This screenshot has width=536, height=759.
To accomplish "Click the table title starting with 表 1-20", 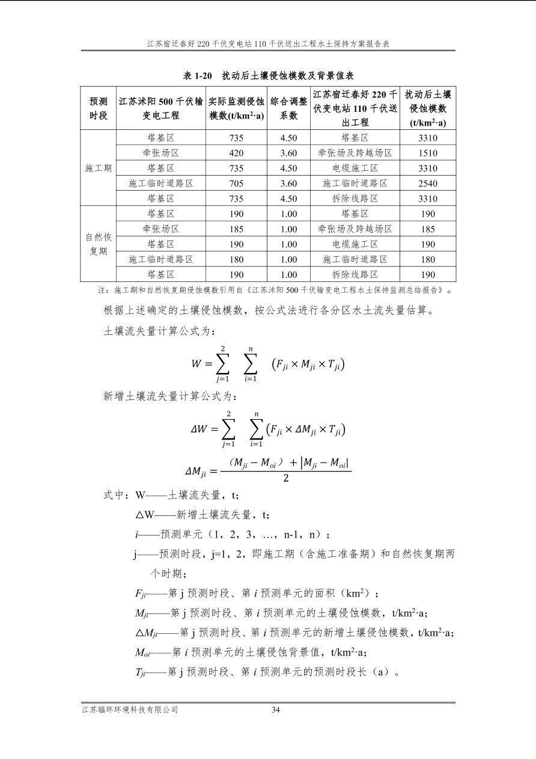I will pyautogui.click(x=268, y=75).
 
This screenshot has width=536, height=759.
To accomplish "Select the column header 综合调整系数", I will pyautogui.click(x=288, y=108).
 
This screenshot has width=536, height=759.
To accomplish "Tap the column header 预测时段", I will pyautogui.click(x=98, y=108).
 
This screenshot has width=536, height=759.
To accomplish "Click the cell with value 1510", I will pyautogui.click(x=428, y=153).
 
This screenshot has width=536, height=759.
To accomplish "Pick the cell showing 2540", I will pyautogui.click(x=428, y=183).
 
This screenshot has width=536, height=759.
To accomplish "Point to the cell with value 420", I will pyautogui.click(x=236, y=153).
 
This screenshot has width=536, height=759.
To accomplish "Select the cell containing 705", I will pyautogui.click(x=236, y=183).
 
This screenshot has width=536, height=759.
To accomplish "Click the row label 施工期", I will pyautogui.click(x=98, y=168).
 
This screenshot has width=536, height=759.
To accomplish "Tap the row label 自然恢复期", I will pyautogui.click(x=98, y=244).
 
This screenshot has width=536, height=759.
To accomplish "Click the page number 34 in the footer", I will pyautogui.click(x=276, y=710).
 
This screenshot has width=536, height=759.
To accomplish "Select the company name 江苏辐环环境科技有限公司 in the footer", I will pyautogui.click(x=130, y=710).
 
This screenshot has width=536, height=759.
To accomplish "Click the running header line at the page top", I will pyautogui.click(x=268, y=44).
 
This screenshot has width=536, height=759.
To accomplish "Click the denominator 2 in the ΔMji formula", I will pyautogui.click(x=285, y=479).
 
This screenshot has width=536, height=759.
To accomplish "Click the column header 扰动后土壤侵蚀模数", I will pyautogui.click(x=428, y=108).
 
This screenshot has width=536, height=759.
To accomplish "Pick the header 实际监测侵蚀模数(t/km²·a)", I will pyautogui.click(x=236, y=108).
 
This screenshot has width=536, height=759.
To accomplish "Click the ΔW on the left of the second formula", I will pyautogui.click(x=199, y=429).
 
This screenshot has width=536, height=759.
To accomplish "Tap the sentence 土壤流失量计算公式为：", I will pyautogui.click(x=159, y=331).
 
